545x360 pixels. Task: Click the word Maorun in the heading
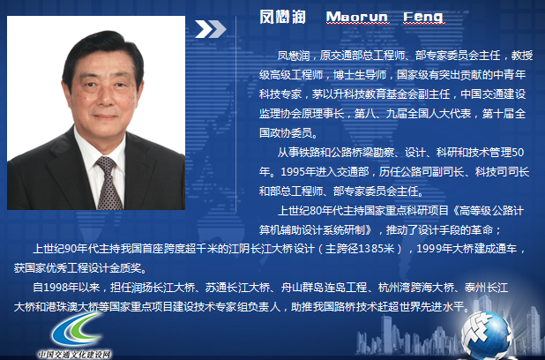[x=356, y=17]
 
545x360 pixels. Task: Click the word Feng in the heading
[x=422, y=17]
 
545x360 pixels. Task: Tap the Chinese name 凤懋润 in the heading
[x=282, y=17]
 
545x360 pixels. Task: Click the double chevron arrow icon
[x=211, y=29]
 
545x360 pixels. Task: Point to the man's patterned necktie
[x=108, y=183]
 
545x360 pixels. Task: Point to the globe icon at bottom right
[x=486, y=334]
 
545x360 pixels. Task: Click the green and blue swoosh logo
[x=77, y=329]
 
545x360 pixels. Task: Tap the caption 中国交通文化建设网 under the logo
[x=74, y=355]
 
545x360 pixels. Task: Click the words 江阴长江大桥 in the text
[x=260, y=249]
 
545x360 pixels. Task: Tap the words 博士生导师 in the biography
[x=360, y=75]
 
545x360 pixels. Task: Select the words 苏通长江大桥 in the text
[x=237, y=288]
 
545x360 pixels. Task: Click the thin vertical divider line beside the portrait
[x=236, y=114]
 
